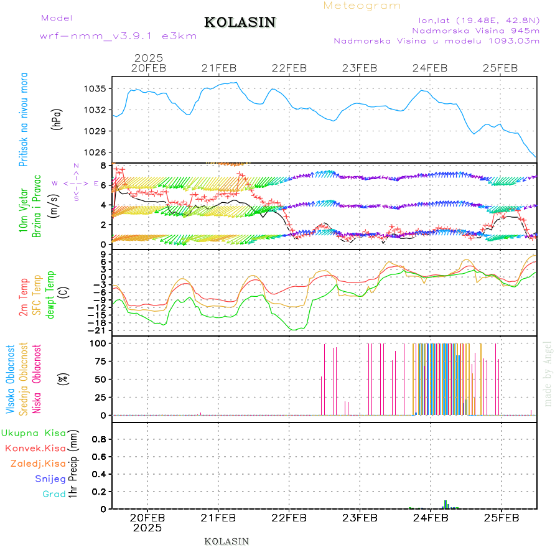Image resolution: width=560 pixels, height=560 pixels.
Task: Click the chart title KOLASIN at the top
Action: click(x=240, y=22)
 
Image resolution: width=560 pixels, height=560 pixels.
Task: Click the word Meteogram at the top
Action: click(x=362, y=6)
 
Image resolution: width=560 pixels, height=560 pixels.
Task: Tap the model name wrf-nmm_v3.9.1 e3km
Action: click(x=118, y=36)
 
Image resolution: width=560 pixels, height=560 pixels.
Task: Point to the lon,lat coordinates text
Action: click(x=478, y=19)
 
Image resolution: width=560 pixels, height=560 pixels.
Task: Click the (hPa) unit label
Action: click(x=57, y=118)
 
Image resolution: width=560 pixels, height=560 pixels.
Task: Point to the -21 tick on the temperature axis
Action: click(x=98, y=330)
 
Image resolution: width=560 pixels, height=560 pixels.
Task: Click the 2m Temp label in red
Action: click(x=24, y=297)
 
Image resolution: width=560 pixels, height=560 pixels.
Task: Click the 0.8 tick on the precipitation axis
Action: click(x=98, y=439)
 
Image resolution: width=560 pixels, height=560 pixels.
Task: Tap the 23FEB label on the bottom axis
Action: click(x=360, y=518)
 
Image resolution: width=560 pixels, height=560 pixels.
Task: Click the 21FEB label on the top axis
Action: click(x=218, y=68)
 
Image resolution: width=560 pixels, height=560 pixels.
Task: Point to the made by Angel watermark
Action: click(x=548, y=373)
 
